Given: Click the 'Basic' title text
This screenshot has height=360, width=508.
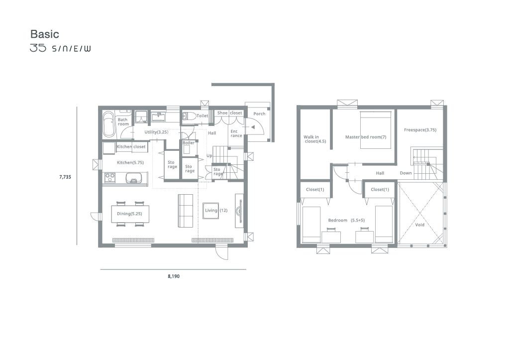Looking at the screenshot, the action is click(x=45, y=34).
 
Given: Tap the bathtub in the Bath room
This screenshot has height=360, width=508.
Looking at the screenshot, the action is click(x=108, y=124).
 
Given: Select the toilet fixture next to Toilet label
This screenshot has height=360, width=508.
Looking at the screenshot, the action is click(x=189, y=116).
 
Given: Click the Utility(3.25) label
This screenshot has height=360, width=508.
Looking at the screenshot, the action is click(x=156, y=132).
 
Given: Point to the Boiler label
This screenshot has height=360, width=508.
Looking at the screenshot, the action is click(x=189, y=143).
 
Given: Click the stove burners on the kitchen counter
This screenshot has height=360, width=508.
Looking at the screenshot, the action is click(x=110, y=177).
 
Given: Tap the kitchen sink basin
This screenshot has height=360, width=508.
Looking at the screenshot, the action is click(x=133, y=178).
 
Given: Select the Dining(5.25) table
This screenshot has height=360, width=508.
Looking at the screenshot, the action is click(x=130, y=214).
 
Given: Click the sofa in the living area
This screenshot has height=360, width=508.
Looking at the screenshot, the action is click(x=185, y=211).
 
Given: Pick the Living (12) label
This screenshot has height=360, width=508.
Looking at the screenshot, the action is click(x=216, y=211).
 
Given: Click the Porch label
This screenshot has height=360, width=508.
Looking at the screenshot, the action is click(x=259, y=114).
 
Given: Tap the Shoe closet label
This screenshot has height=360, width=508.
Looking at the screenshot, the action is click(x=229, y=113).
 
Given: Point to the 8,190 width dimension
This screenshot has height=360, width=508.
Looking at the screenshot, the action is click(x=174, y=276).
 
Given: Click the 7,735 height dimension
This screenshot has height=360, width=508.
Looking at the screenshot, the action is click(x=65, y=177).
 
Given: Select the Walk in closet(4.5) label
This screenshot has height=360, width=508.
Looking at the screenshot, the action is click(x=314, y=139).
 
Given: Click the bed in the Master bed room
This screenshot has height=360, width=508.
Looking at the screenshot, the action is click(x=376, y=130).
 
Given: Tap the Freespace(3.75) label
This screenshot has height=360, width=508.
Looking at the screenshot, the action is click(x=420, y=130).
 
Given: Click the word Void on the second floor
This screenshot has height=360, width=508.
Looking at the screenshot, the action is click(x=419, y=225).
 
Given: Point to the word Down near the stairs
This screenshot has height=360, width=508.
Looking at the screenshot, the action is click(x=406, y=173).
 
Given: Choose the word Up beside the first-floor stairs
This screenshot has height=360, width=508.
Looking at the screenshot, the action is click(x=209, y=156).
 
